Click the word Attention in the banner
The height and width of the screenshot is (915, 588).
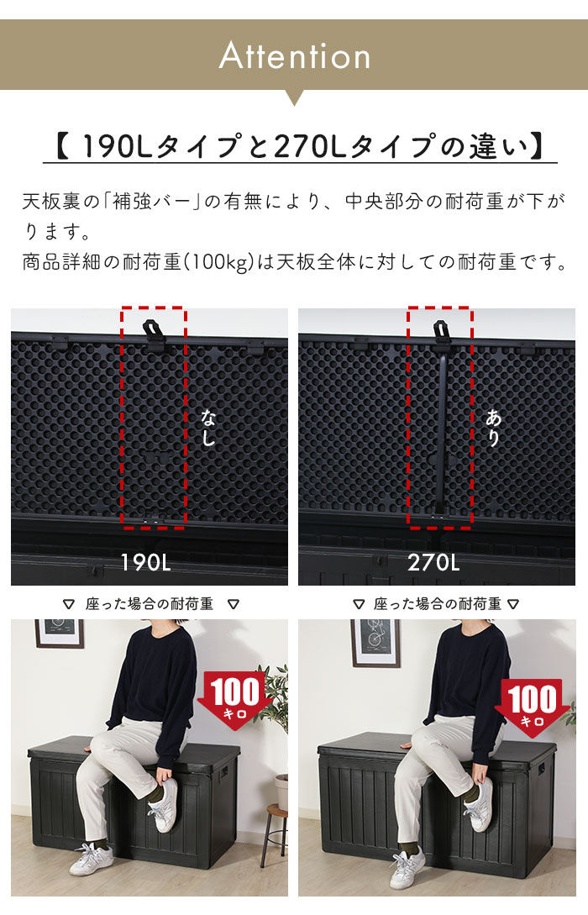coord(294,56)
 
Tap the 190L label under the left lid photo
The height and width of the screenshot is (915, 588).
coord(147,562)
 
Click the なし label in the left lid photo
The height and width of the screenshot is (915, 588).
coord(207,427)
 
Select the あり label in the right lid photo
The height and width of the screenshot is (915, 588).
coord(493,427)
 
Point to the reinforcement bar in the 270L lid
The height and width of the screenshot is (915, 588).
coord(440,437)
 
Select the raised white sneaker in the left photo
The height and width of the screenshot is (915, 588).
coord(165,804)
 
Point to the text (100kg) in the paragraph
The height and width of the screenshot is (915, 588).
coord(218,262)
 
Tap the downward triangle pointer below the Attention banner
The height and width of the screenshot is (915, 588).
coord(294,97)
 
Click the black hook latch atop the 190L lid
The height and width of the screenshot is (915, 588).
coord(153,329)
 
